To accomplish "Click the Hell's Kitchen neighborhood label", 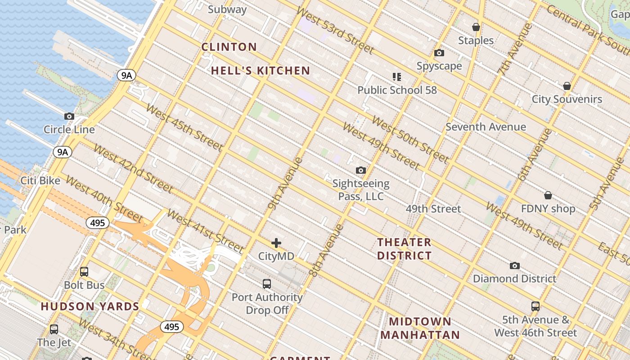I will (x=261, y=71).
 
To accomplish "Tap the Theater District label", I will (x=404, y=249).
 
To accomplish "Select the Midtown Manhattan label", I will (x=420, y=328).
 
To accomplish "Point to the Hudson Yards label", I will (x=90, y=307).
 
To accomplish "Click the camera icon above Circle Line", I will (x=69, y=116).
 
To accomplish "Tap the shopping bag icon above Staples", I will (x=476, y=27).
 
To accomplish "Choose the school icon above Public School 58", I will (x=396, y=77).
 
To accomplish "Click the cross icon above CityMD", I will (x=276, y=243).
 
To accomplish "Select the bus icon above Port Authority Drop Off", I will (x=267, y=284).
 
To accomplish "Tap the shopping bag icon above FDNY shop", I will (x=548, y=195).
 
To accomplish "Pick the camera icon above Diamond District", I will (x=514, y=265).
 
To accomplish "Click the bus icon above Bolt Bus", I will (x=84, y=272).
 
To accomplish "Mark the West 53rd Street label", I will (x=335, y=30).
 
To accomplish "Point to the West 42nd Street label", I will (x=133, y=168).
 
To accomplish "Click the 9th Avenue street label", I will (x=285, y=183).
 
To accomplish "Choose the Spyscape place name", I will (x=439, y=66).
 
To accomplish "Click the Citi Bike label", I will (x=40, y=180).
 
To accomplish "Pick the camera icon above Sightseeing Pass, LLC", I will (x=360, y=170).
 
